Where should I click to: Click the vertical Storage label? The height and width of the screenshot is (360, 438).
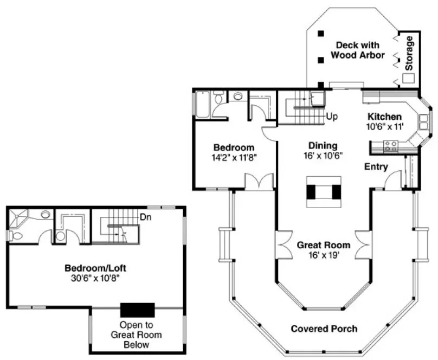coord(409,53)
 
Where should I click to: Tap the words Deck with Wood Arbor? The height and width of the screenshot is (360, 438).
coord(357,50)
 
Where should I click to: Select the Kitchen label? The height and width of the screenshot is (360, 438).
coord(385,117)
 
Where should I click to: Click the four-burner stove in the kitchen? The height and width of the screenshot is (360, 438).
coord(390,145)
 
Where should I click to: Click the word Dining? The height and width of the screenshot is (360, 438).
coord(323,145)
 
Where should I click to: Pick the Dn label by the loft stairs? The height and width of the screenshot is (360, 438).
coord(145,217)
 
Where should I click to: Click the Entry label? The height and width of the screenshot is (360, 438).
coord(376,167)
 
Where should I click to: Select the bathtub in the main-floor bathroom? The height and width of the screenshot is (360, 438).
coord(202,104)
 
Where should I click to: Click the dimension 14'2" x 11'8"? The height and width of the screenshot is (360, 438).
coord(233,158)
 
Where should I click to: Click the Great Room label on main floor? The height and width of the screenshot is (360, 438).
coord(323,245)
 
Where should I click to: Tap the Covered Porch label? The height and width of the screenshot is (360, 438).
coord(324,329)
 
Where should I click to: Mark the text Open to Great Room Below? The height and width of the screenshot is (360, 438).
coord(136,335)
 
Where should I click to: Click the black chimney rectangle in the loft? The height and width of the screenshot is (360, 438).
coord(138,310)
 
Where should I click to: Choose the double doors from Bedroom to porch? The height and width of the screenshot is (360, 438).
coord(259,182)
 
